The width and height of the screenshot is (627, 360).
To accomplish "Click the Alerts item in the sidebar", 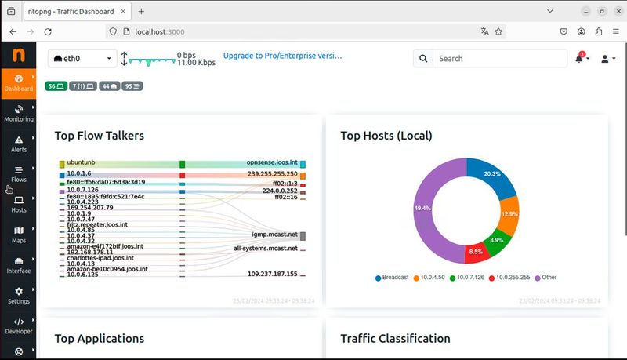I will coord(18,144).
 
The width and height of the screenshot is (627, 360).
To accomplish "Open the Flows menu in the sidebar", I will coord(18,173).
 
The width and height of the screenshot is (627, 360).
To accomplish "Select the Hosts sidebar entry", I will coord(18,204).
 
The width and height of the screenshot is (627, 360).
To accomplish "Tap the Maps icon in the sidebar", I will coord(18,235).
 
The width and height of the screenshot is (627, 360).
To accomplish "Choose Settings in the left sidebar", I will coord(18,295).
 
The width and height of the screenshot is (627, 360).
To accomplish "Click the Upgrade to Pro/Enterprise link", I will coord(282,56).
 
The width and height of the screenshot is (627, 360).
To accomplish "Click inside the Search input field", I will coord(499,59).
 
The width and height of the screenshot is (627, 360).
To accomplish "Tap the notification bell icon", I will coord(579,59).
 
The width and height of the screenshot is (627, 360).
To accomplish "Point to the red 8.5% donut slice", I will coord(475,252).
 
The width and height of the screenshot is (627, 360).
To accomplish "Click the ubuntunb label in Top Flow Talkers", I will coord(81,162).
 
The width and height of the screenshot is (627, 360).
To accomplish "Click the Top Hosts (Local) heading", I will coord(386,136).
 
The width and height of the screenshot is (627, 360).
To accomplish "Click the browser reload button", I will coord(49,31).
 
